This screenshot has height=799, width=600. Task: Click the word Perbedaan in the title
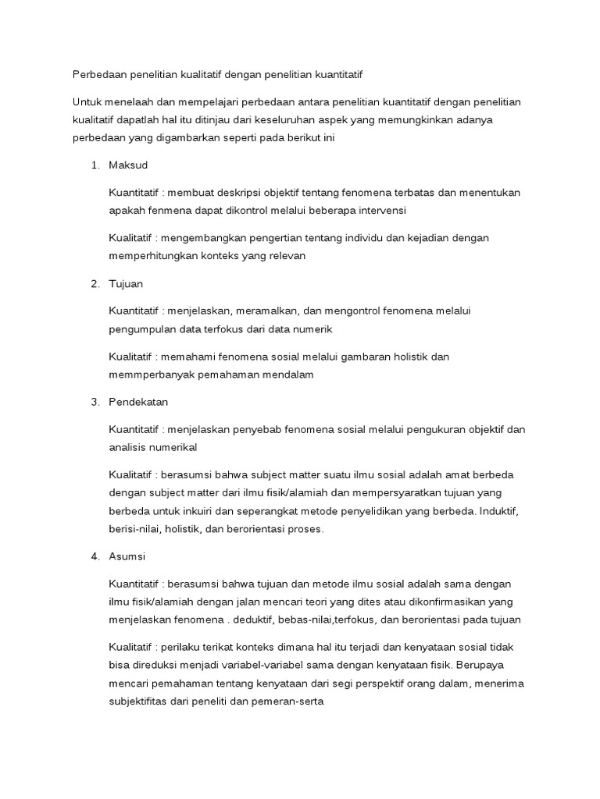coord(98,74)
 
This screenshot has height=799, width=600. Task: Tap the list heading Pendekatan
coord(139,402)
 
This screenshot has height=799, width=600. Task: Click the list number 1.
coord(95,165)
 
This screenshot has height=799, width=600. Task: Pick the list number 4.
coord(95,556)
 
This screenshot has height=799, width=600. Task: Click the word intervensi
coord(381,211)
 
